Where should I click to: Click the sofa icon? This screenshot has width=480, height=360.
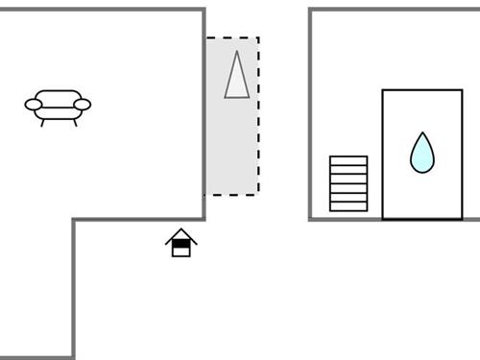(x=58, y=105)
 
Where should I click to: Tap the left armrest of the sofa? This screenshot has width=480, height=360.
(x=34, y=105)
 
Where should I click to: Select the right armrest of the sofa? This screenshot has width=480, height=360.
(x=82, y=105)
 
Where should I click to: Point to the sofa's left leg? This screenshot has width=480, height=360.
(x=42, y=123)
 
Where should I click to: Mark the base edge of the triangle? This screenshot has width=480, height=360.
(x=236, y=97)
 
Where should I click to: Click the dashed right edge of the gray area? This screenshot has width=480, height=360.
(x=258, y=115)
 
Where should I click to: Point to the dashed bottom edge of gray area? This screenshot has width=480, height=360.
(x=231, y=194)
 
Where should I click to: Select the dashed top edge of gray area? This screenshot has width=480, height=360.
(x=231, y=38)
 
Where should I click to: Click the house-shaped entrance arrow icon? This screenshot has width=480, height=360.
(x=180, y=243)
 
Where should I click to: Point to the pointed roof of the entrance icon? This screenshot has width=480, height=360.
(x=180, y=231)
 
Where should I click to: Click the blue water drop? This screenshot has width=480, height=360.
(x=421, y=155)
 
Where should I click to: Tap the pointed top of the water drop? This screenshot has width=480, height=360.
(x=421, y=134)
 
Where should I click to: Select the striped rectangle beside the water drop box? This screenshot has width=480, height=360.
(x=348, y=183)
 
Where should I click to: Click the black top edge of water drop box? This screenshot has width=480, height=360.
(x=421, y=90)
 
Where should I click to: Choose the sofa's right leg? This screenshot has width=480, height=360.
(x=73, y=123)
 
